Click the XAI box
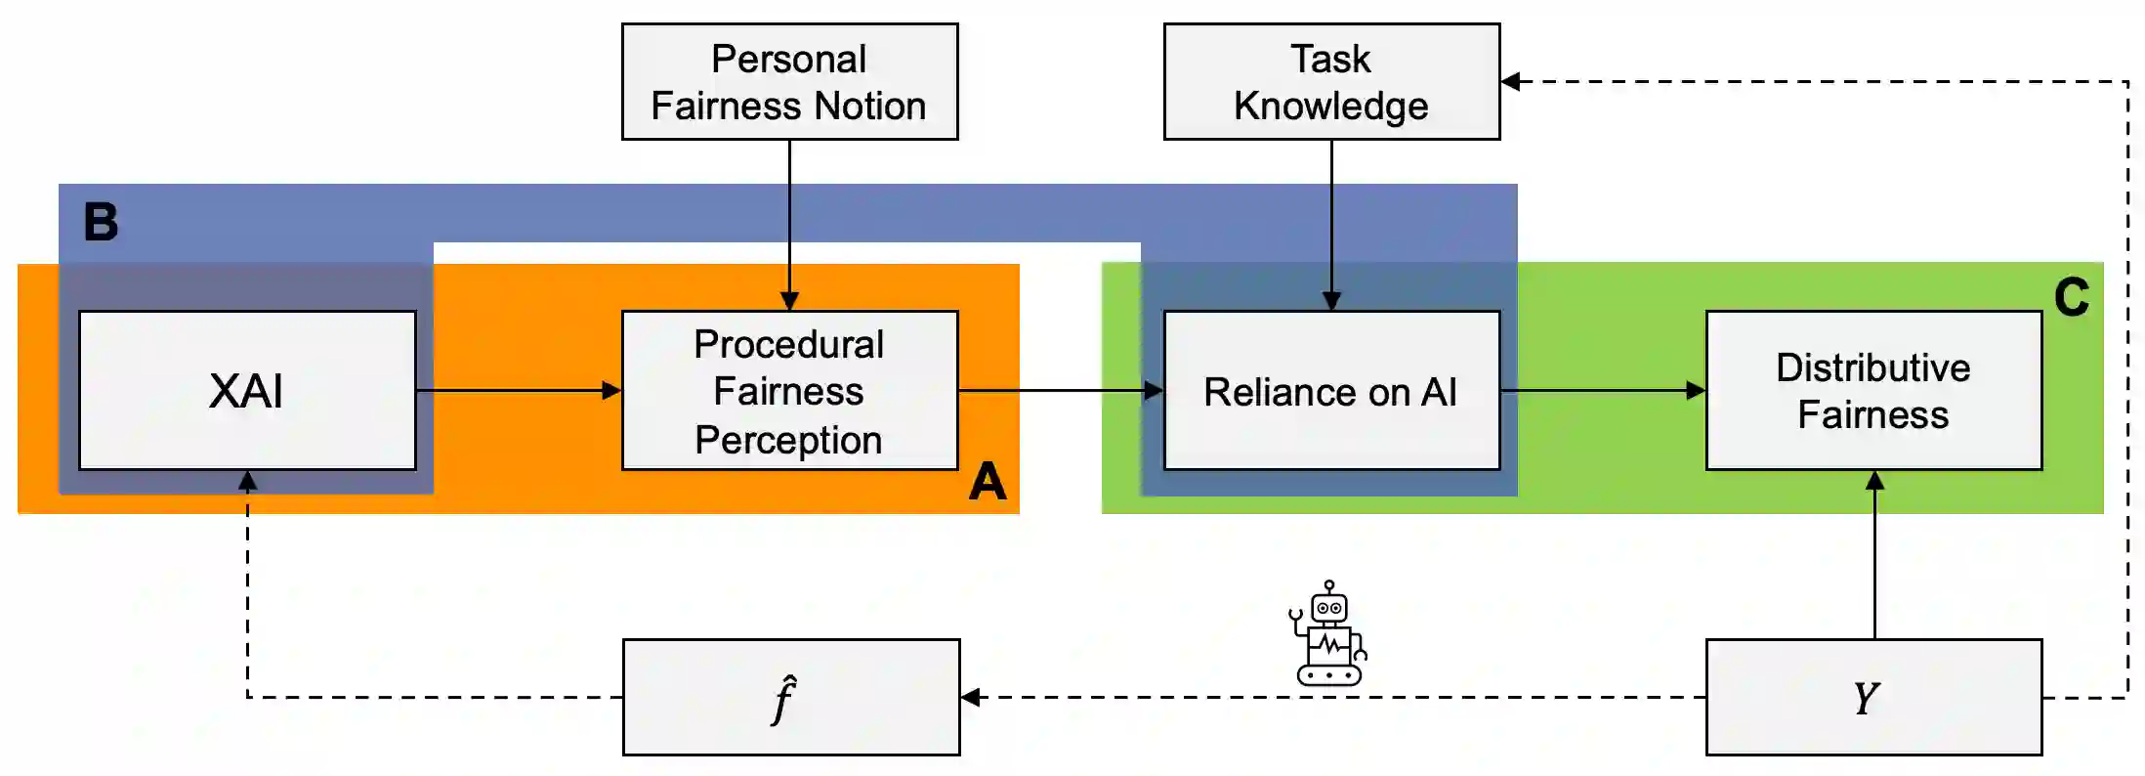[247, 391]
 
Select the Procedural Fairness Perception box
[789, 391]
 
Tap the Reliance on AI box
[1331, 391]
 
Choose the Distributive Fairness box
[1873, 391]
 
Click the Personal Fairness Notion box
[789, 82]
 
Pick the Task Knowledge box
[1331, 82]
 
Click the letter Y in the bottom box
[1867, 699]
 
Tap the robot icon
[1328, 633]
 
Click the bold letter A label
[988, 482]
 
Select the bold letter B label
[101, 222]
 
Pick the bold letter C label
[2071, 297]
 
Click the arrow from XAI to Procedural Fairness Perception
[518, 391]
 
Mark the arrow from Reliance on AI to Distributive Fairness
[1602, 391]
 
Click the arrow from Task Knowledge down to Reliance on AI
[1331, 225]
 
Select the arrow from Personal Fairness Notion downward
[789, 225]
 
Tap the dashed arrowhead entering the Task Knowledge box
[1511, 82]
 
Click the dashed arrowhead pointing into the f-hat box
[971, 698]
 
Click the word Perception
[788, 440]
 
